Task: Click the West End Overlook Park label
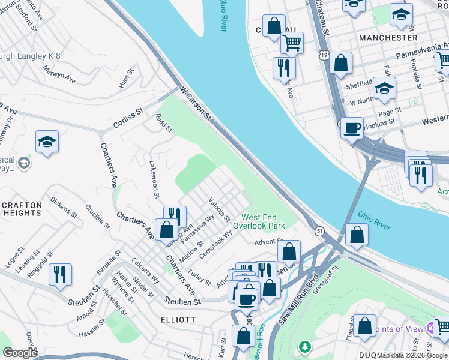pos(263,221)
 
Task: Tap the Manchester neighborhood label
pos(387,37)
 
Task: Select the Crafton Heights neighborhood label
pos(22,209)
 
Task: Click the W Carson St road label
pos(196,103)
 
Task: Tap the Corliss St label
pos(128,119)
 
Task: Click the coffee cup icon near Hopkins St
pos(352,127)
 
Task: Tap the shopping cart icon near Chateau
pos(292,42)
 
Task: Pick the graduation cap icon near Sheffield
pos(384,88)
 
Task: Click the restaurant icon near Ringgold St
pos(60,274)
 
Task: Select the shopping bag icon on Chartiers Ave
pos(166,229)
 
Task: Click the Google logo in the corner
pos(20,353)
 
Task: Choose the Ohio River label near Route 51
pos(374,220)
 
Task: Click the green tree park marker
pos(306,346)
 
